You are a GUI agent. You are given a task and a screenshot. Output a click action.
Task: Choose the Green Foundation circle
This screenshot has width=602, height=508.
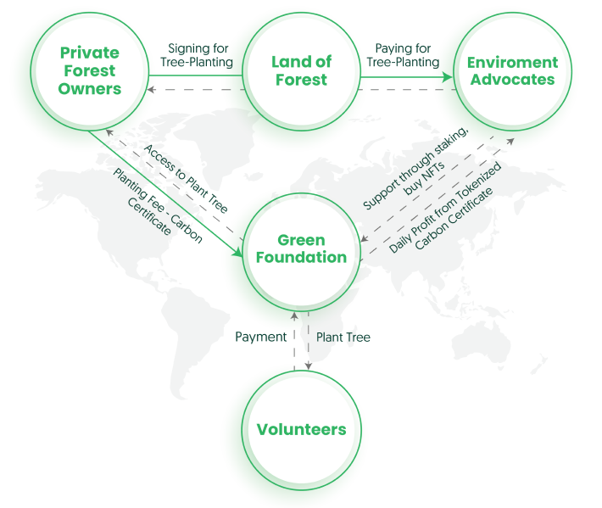pos(300,248)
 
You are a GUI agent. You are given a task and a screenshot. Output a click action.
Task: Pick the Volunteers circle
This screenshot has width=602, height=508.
pos(301,428)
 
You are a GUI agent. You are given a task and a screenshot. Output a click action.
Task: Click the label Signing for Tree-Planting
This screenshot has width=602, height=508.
pos(196,55)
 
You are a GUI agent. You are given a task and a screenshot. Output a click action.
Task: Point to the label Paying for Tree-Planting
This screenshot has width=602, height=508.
pos(403,55)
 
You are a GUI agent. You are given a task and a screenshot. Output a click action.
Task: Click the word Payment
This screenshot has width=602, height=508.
pos(260,337)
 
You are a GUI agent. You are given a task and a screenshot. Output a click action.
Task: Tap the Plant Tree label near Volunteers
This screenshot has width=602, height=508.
pos(343,337)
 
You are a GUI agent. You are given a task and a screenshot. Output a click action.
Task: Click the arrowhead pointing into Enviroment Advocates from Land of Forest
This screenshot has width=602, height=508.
pos(449,75)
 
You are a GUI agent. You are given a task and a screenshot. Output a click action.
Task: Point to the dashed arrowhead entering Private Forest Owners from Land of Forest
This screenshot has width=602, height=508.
pos(151,89)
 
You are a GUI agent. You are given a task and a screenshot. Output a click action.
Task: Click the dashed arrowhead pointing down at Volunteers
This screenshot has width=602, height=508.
pos(308,366)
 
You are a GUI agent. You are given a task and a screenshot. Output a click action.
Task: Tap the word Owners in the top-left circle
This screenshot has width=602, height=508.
pos(89,88)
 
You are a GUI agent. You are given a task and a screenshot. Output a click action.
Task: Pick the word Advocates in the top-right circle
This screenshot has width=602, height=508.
pos(513,80)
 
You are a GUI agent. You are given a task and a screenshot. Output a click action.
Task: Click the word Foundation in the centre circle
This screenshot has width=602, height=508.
pos(301,257)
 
